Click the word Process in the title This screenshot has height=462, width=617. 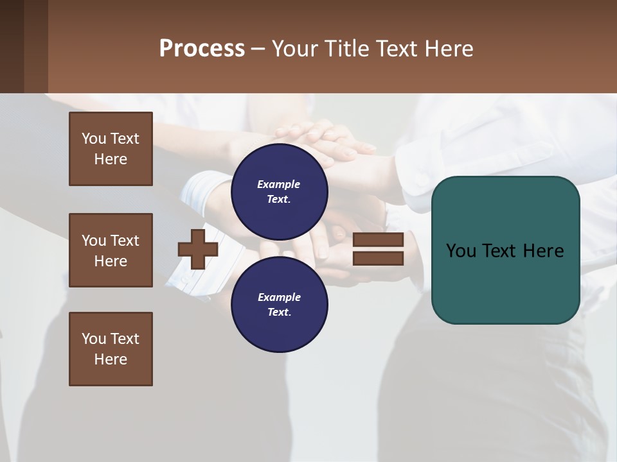202,49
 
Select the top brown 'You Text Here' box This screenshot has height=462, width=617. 111,149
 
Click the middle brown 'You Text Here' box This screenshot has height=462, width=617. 111,250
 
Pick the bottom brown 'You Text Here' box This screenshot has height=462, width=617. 111,349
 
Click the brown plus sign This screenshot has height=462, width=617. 198,250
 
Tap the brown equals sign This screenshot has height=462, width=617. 378,250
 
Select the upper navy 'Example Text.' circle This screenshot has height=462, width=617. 279,192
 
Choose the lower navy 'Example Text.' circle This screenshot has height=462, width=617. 279,305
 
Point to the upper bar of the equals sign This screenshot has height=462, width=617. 378,240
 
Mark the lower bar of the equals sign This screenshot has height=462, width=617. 378,259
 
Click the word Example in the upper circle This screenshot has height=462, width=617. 279,184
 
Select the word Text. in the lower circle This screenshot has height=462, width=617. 279,312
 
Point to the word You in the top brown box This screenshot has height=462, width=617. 93,139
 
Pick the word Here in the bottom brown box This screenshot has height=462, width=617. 111,359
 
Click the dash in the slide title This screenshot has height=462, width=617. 258,49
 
